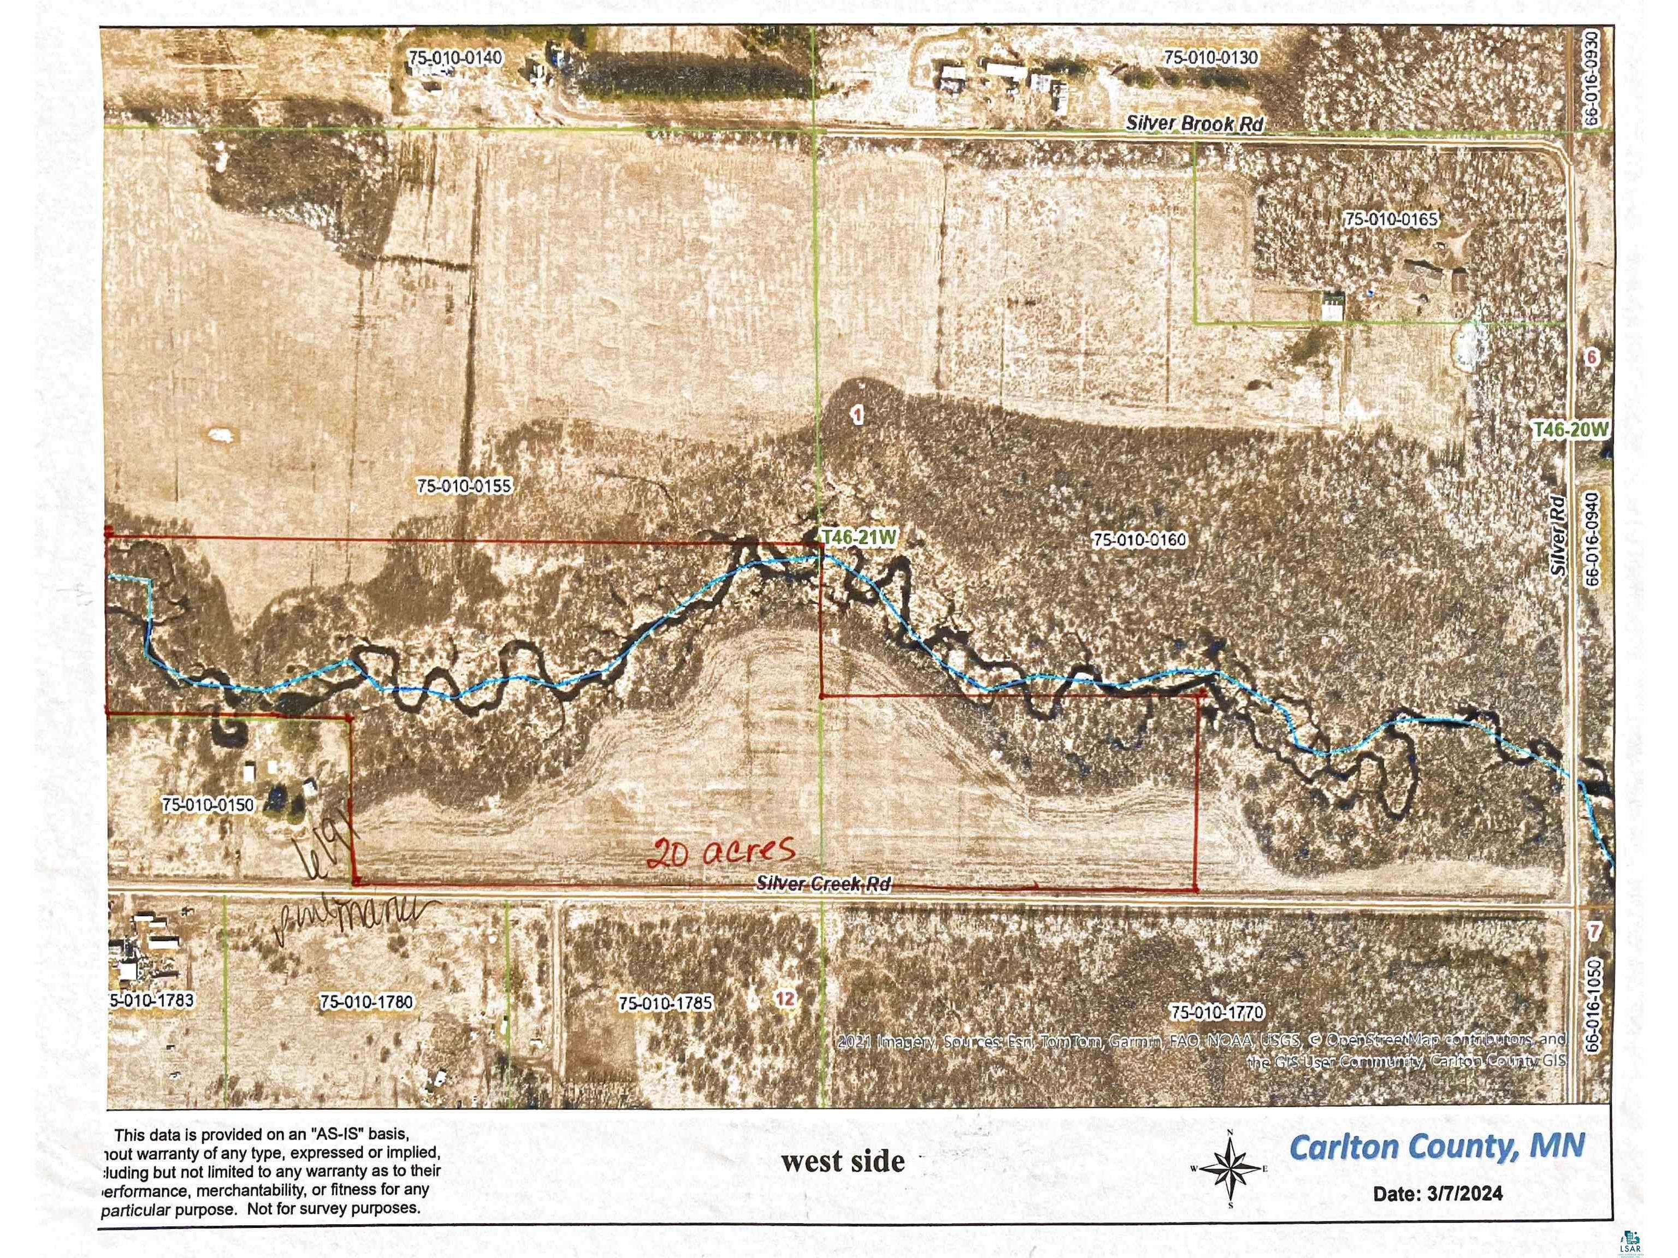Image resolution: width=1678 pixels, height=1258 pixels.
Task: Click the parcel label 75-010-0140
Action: coord(454,58)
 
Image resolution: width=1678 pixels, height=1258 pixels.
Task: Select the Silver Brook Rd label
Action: coord(1195,123)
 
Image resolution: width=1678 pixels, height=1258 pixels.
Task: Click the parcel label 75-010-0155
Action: coord(464,485)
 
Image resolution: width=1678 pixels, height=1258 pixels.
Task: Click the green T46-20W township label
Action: coord(1570,430)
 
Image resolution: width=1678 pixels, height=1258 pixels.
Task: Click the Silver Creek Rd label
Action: coord(823,883)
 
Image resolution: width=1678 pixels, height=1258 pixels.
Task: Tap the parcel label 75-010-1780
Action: coord(367,1002)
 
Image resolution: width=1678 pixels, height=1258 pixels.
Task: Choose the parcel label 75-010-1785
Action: coord(665,1002)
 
